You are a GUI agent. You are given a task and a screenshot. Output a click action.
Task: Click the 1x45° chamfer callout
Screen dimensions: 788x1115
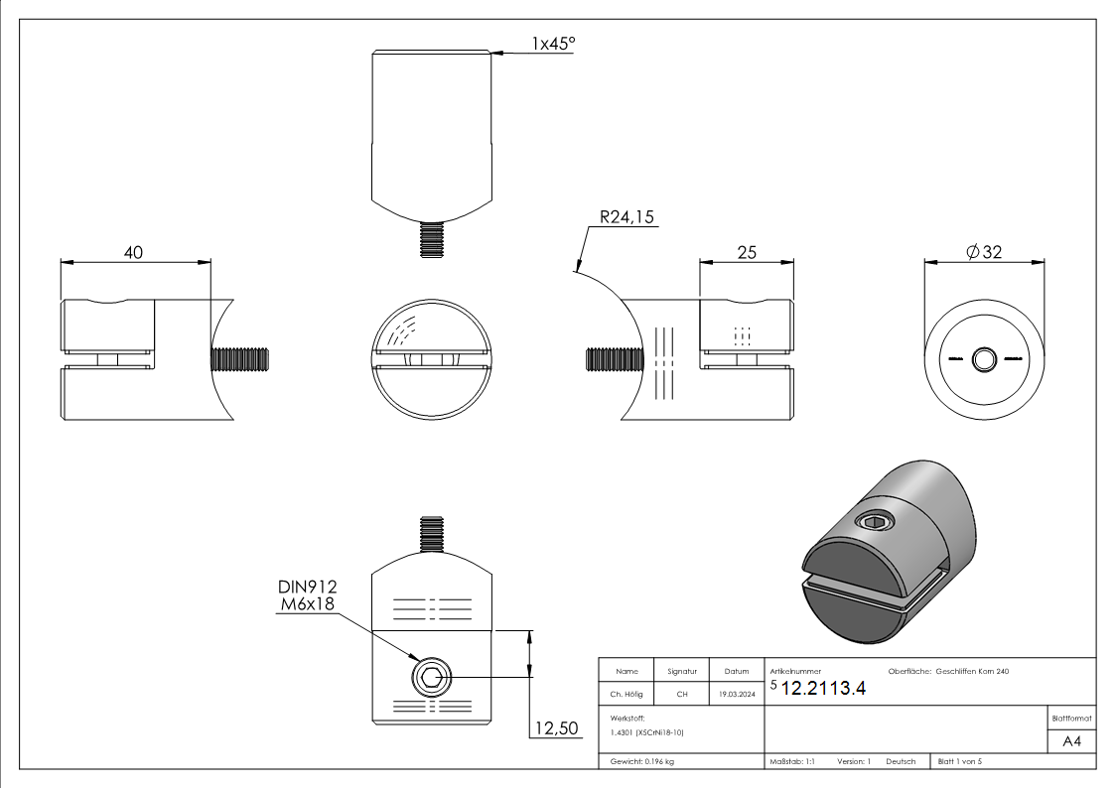[x=553, y=44]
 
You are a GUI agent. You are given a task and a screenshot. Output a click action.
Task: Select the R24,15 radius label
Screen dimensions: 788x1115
[x=627, y=218]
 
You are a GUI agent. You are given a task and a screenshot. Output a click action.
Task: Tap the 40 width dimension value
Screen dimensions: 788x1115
[x=132, y=252]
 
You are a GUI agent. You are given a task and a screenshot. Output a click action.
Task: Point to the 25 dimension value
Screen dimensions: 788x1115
[x=747, y=252]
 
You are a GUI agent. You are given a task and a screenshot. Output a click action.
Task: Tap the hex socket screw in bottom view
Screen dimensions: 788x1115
[x=431, y=679]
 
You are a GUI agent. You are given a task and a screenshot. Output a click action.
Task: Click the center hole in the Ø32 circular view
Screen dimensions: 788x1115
[x=984, y=358]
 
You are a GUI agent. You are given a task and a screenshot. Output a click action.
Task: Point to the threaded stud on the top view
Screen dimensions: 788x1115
[x=431, y=240]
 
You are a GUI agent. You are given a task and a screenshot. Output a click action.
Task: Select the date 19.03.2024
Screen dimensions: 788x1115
[x=735, y=695]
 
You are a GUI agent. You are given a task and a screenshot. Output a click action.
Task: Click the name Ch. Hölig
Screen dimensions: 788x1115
[x=626, y=695]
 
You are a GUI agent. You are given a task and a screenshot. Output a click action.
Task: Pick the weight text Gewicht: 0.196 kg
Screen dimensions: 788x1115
[x=642, y=761]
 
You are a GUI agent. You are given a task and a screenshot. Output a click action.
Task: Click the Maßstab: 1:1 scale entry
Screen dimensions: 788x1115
[x=792, y=761]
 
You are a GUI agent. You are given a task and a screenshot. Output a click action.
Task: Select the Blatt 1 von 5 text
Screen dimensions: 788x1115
[x=959, y=761]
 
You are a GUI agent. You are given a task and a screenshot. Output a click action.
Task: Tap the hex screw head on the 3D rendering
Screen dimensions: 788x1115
[x=875, y=522]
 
